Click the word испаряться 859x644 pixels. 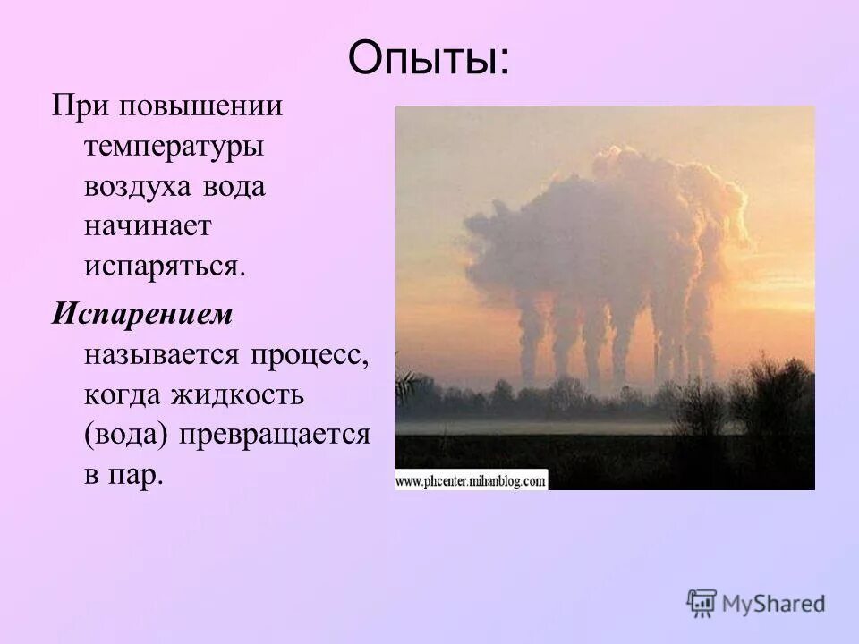coord(165,267)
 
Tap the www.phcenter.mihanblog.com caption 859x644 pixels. coord(471,481)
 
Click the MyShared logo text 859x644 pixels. coord(774,603)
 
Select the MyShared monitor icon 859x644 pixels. coord(702,602)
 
